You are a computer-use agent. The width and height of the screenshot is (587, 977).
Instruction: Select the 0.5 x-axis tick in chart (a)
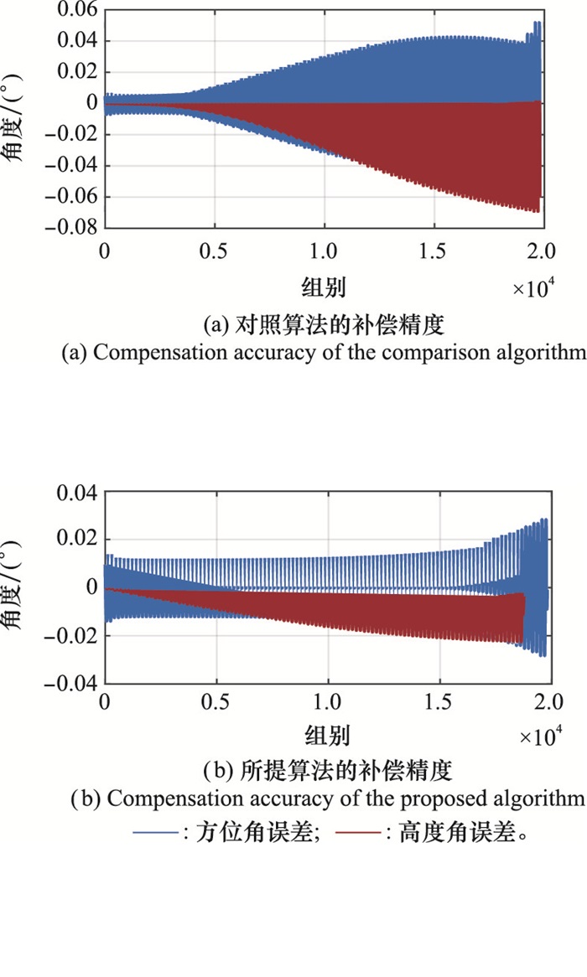[x=215, y=251]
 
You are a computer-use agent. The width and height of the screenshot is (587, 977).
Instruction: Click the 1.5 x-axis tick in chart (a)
[x=435, y=251]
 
